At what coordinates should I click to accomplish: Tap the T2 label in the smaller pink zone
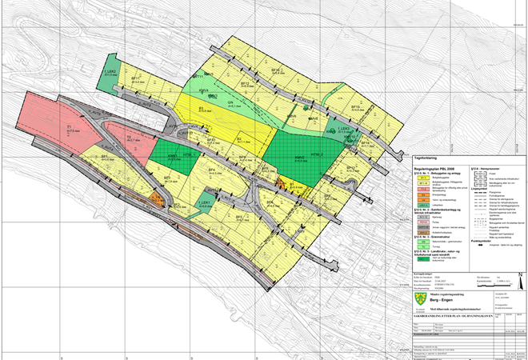(x=128, y=138)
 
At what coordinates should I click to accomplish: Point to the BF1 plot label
(x=104, y=156)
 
